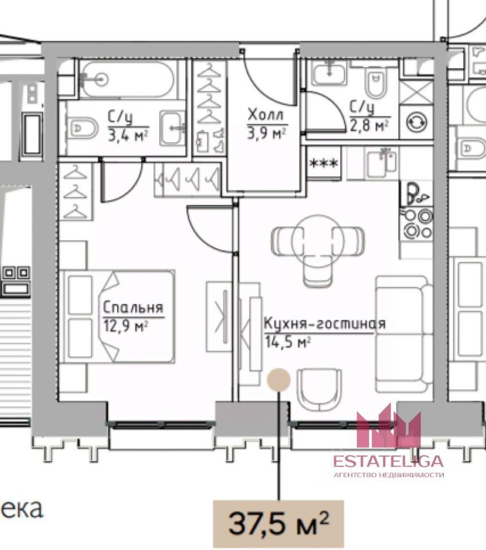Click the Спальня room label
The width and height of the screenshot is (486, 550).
(133, 307)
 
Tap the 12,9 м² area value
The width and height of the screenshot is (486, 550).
(126, 325)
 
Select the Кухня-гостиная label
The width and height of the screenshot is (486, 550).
(324, 324)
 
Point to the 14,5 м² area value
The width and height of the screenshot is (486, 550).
(288, 341)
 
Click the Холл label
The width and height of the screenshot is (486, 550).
(265, 115)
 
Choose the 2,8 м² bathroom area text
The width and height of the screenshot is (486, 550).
(369, 125)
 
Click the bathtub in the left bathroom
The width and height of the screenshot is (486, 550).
(127, 80)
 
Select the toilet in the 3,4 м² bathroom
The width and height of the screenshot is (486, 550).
(83, 128)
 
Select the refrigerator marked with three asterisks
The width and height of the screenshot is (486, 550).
(324, 163)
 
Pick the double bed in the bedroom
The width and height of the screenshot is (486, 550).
(117, 316)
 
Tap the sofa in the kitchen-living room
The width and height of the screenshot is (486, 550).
(404, 333)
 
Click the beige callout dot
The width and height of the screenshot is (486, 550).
(279, 379)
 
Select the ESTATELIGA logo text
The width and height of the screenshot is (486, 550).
(388, 461)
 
